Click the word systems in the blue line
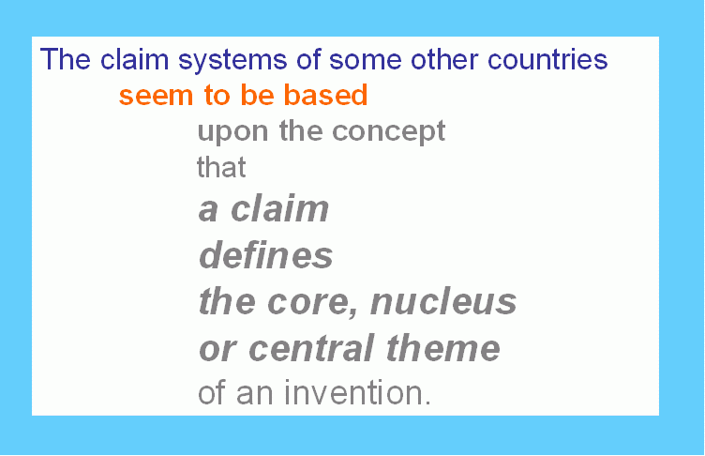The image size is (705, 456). click(x=232, y=60)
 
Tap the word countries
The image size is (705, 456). click(x=547, y=59)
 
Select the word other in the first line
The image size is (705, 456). click(x=444, y=59)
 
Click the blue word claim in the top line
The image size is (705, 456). click(x=134, y=59)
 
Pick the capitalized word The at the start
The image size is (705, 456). click(x=66, y=59)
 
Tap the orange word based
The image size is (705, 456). click(x=326, y=95)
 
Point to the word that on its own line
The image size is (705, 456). click(x=221, y=167)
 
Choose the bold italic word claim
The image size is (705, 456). click(x=279, y=208)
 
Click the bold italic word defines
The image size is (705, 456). click(x=265, y=254)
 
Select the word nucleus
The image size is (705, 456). click(x=443, y=301)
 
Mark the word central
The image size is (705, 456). click(x=311, y=347)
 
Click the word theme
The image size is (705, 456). click(x=442, y=347)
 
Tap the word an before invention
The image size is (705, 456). click(x=254, y=395)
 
